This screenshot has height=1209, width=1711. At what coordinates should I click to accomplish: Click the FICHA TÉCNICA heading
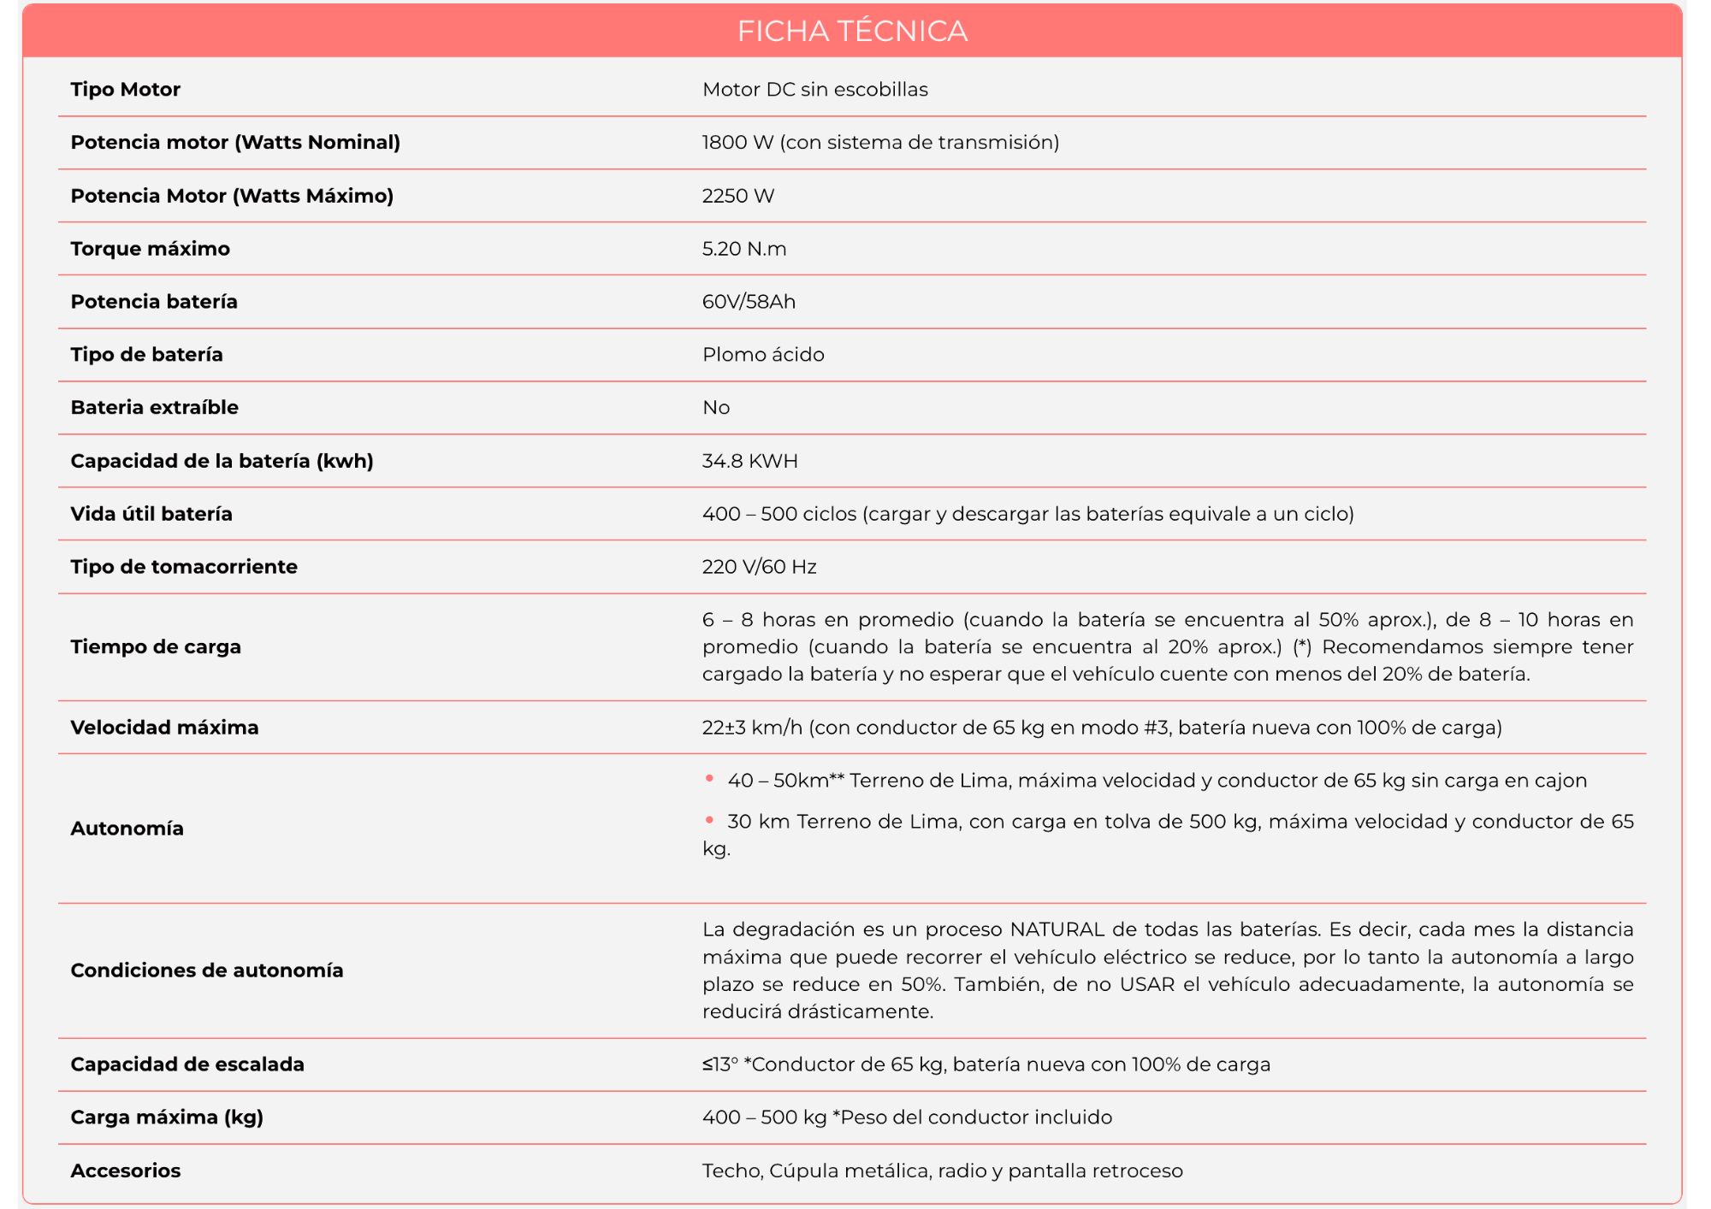point(852,31)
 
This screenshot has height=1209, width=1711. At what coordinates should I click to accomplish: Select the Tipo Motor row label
point(125,89)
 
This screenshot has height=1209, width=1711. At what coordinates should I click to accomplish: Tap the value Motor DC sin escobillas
point(814,89)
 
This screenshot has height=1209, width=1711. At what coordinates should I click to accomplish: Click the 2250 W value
point(737,196)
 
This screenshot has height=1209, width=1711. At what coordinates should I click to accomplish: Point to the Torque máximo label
point(150,249)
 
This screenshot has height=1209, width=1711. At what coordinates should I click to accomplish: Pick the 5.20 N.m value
point(743,249)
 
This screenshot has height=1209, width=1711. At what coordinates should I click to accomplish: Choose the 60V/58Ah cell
point(749,302)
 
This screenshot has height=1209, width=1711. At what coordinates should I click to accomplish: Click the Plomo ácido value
point(763,355)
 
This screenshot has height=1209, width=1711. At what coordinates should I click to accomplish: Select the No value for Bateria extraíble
point(715,408)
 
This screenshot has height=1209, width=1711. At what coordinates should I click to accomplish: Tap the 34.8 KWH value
point(749,461)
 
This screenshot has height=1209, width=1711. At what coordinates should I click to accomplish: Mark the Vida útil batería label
point(151,514)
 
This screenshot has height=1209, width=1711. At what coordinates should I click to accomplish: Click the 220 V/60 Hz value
point(759,567)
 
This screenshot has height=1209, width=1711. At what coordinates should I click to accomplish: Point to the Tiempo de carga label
point(156,646)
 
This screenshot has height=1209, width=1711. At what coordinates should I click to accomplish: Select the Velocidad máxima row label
point(164,728)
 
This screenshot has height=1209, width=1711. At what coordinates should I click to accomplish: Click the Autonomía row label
point(127,829)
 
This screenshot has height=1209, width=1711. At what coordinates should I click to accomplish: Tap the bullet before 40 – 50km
point(709,778)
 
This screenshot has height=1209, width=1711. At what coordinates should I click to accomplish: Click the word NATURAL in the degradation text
point(1057,929)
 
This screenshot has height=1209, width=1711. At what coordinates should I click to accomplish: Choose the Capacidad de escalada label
point(187,1065)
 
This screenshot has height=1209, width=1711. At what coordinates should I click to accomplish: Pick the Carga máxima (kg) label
point(167,1118)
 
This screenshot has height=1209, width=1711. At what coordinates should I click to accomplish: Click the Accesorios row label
point(126,1171)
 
